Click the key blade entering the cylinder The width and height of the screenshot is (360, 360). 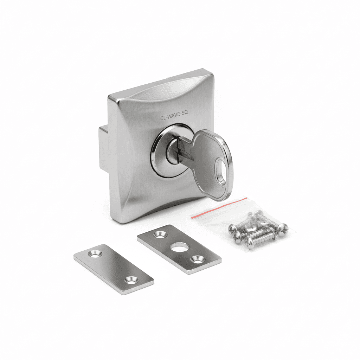point(183,150)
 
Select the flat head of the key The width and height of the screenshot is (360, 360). point(212,165)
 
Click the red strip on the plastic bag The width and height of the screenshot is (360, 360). point(219,208)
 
